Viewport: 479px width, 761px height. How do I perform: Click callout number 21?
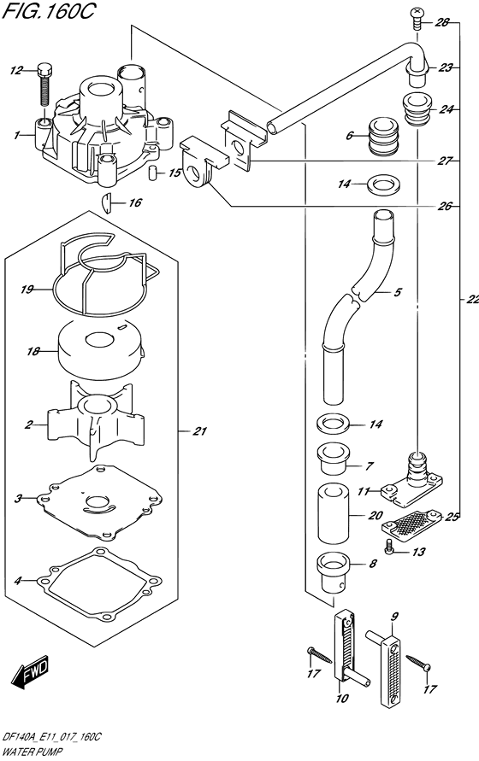(199, 430)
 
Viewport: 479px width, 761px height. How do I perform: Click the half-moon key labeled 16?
(105, 202)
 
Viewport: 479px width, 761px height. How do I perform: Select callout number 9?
(394, 617)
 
